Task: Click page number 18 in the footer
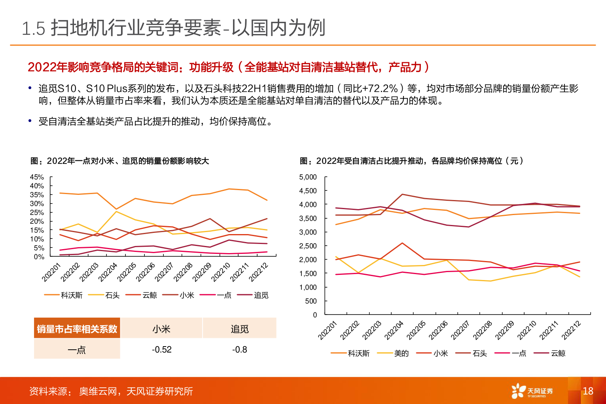pos(588,391)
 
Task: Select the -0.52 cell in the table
pos(162,349)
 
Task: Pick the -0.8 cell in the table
pos(240,349)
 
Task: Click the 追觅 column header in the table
pos(240,329)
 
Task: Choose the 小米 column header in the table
pos(162,329)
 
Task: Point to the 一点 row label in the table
pos(77,350)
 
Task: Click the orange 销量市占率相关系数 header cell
pos(77,329)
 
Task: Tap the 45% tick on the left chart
pos(37,177)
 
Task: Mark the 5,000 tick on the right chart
pos(308,177)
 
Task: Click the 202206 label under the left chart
pos(145,272)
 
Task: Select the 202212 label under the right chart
pos(572,330)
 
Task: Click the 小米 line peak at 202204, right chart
pos(402,243)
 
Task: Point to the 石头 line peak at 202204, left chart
pos(116,212)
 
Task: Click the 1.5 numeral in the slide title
pos(34,29)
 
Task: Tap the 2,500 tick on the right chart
pos(308,246)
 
